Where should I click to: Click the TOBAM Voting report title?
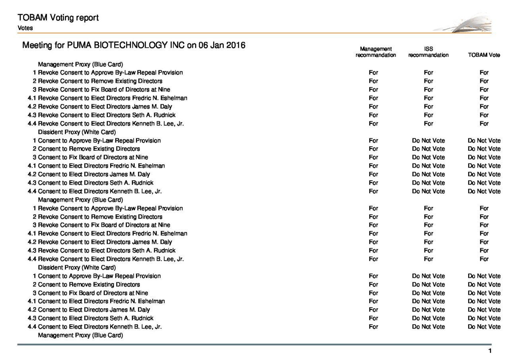point(58,18)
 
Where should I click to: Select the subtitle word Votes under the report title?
point(25,28)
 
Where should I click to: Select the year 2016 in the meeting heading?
point(236,45)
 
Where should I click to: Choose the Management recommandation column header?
point(375,52)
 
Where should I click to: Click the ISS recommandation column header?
point(428,52)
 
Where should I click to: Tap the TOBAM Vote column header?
point(484,55)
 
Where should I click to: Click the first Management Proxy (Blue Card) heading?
point(80,64)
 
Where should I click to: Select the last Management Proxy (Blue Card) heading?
point(80,335)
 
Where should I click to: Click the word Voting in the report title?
point(63,18)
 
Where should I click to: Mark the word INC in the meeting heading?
point(177,45)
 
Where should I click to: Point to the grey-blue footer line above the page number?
point(254,344)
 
